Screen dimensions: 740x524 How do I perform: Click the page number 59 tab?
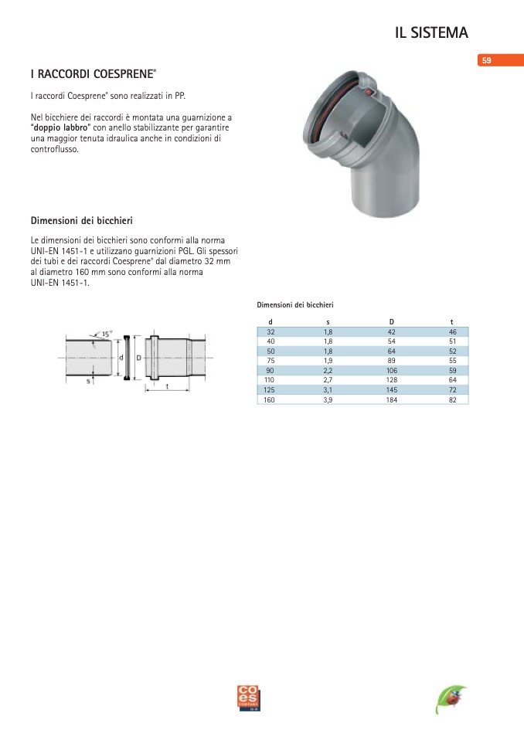point(487,60)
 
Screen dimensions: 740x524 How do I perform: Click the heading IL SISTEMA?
point(431,32)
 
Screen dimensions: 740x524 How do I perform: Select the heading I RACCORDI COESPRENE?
point(92,75)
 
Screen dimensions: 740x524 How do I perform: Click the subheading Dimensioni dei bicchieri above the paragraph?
point(81,220)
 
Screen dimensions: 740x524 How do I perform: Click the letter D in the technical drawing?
point(138,358)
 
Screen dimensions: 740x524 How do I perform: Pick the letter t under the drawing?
point(167,385)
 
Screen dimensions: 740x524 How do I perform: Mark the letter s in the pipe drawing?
point(89,380)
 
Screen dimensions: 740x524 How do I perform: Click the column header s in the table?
point(328,321)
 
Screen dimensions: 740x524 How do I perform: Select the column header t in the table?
point(452,321)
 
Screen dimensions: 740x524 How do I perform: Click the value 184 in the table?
point(391,400)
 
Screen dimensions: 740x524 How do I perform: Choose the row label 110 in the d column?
point(270,380)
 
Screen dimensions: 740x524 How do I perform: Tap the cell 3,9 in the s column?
point(328,400)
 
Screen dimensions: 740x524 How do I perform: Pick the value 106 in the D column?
point(391,370)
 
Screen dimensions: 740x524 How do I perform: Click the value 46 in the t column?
point(452,331)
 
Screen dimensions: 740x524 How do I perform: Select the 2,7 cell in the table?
point(328,380)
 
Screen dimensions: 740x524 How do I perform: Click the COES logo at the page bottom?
point(250,698)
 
